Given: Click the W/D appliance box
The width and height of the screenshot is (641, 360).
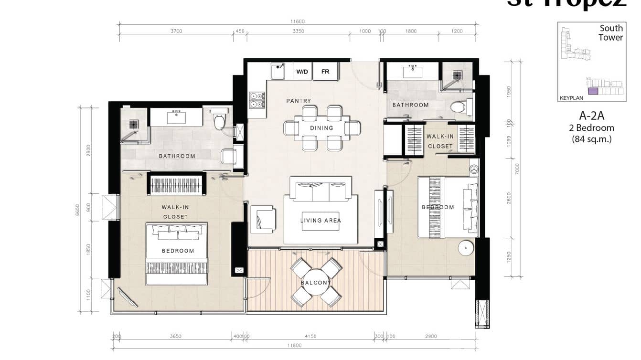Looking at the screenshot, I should [302, 72].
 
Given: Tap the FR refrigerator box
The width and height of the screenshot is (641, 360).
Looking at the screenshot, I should [325, 72].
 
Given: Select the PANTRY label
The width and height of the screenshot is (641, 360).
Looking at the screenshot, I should [299, 101].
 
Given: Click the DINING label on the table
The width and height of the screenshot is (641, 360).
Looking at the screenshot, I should [321, 128].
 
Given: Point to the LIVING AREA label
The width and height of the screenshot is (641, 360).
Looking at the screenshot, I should [320, 221].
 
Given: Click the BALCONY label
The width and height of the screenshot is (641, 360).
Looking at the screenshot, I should [316, 283].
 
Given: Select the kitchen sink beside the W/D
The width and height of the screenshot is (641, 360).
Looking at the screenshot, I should [278, 72].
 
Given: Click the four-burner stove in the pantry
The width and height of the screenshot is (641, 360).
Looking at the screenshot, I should [256, 99].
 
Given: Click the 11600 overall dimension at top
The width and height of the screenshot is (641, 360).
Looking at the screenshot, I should [297, 21].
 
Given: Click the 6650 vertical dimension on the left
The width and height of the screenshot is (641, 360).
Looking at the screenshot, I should [78, 210].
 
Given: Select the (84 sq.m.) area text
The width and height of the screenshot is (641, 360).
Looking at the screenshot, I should [591, 139].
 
